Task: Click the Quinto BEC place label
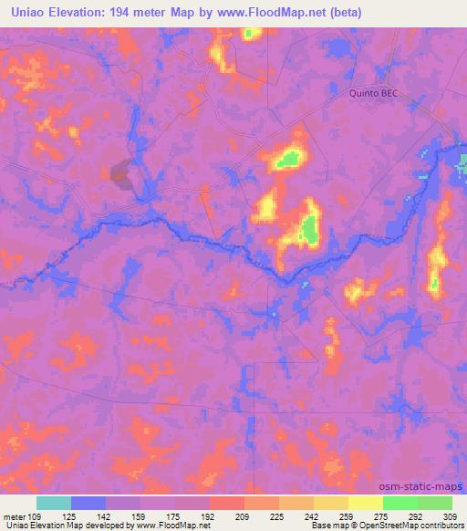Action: pos(375,92)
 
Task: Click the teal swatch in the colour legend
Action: pos(53,503)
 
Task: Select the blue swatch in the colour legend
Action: pos(88,503)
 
